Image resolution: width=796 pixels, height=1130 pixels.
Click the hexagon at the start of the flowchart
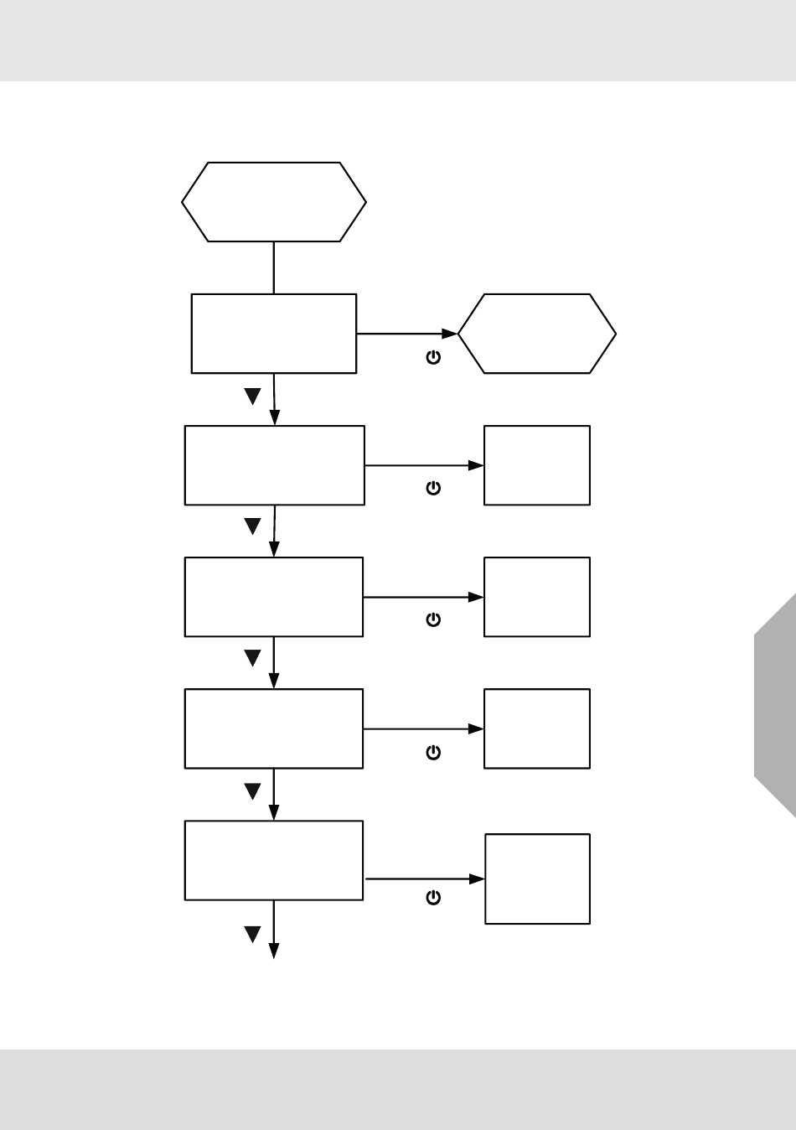tap(274, 202)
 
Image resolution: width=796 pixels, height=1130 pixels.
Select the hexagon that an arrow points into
tap(537, 334)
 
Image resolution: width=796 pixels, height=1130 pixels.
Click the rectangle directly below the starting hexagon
tap(274, 334)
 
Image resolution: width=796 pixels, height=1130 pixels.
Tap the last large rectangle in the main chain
tap(274, 860)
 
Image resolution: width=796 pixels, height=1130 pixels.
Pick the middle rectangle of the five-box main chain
tap(274, 597)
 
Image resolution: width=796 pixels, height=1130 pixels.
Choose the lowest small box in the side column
tap(537, 879)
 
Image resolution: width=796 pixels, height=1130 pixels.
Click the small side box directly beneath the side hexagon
tap(537, 465)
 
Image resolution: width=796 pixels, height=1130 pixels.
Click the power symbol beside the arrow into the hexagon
tap(433, 357)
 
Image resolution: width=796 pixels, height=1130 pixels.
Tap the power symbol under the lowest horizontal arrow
tap(433, 898)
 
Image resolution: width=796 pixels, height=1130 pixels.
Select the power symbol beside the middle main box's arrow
tap(433, 619)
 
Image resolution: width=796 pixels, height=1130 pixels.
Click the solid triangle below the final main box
tap(252, 934)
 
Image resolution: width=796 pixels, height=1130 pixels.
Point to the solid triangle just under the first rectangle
tap(252, 396)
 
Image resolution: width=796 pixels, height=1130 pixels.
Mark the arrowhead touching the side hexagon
tap(451, 334)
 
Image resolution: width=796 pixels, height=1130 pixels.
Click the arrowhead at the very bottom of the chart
tap(273, 951)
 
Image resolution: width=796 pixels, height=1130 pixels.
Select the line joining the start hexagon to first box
tap(274, 267)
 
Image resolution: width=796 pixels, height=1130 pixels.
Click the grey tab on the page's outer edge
tap(775, 704)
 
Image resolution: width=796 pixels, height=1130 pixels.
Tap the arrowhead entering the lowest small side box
tap(478, 879)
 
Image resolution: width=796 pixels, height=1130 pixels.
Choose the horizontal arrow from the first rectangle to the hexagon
tap(402, 334)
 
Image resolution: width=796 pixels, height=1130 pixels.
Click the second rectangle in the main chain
tap(274, 465)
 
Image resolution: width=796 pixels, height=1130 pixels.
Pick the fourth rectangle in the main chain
tap(274, 728)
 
